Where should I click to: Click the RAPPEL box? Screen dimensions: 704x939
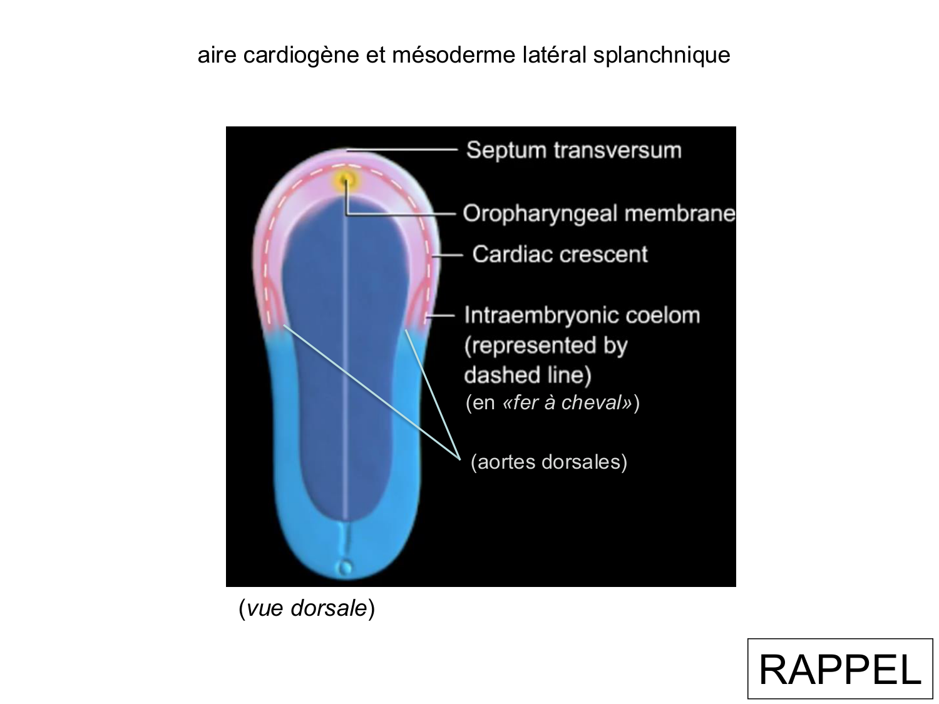pos(839,668)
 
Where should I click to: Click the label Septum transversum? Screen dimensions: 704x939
pos(573,150)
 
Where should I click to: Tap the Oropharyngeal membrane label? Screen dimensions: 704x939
pos(598,213)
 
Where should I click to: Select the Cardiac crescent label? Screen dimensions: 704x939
pos(560,254)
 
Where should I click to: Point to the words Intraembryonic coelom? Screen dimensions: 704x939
pos(582,315)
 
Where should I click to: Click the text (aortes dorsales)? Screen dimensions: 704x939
pos(548,462)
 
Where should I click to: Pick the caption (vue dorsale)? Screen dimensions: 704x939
pos(307,608)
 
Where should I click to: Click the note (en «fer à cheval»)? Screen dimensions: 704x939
pos(552,402)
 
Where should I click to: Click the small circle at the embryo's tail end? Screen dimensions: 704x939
pos(344,568)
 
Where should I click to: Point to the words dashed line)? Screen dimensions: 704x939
pos(527,375)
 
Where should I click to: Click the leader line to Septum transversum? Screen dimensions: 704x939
pos(401,150)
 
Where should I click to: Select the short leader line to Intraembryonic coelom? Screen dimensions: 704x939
pos(441,315)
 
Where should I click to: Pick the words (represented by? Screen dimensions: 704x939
pos(545,345)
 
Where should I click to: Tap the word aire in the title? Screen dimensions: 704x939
pos(217,55)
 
